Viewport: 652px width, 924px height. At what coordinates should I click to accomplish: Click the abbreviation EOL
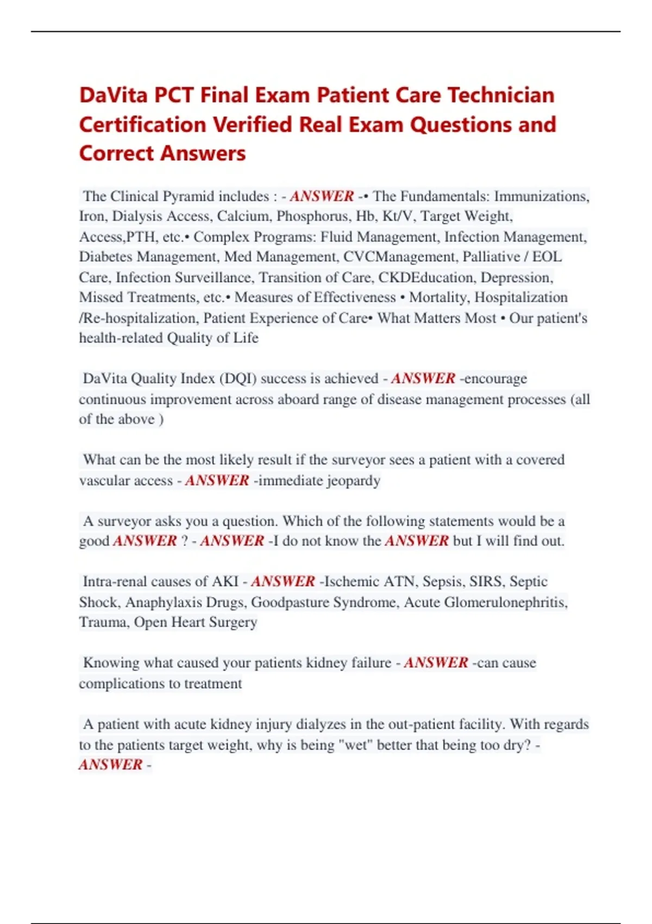click(547, 257)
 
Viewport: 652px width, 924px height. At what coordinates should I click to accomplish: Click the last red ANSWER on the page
click(111, 765)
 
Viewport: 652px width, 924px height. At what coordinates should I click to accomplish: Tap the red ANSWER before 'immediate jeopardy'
click(217, 480)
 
